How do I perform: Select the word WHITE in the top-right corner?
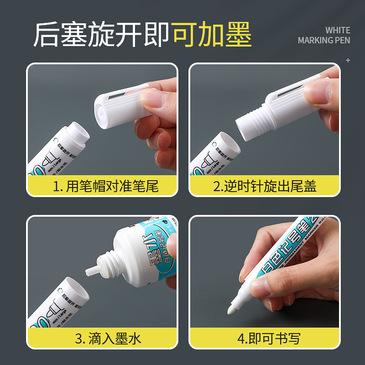(x=338, y=30)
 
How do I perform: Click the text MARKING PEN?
(x=324, y=40)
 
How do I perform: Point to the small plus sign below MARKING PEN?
(x=348, y=60)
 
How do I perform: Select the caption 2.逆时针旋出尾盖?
(x=265, y=186)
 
